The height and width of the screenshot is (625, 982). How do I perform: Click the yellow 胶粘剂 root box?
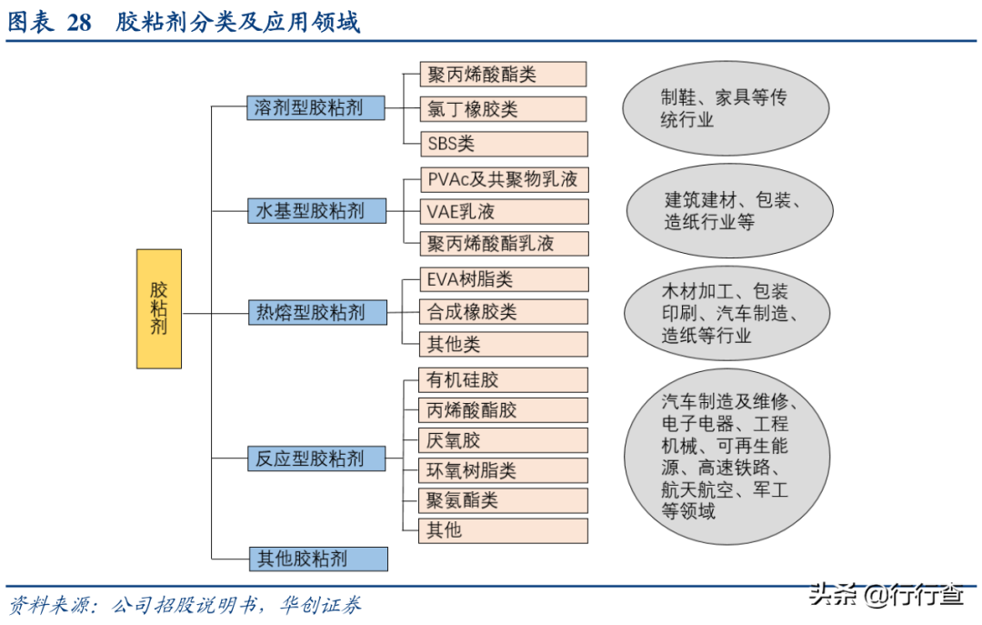[159, 308]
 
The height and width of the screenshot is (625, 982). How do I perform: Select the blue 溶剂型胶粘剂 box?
[316, 108]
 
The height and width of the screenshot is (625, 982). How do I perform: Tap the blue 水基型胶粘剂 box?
[317, 211]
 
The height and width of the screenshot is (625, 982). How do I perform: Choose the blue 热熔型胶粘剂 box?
[317, 312]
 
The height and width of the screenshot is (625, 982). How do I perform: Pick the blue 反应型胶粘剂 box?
[316, 459]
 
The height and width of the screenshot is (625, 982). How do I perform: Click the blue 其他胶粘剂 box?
[318, 559]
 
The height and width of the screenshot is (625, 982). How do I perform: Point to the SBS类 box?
[504, 144]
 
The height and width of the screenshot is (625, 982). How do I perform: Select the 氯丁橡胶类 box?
[503, 109]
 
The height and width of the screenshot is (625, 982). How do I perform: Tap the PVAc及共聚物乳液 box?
[504, 180]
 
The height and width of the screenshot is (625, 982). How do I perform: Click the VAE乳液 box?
[504, 211]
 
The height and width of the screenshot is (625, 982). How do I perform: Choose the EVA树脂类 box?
[504, 279]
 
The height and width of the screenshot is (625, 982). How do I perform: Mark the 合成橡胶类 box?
[504, 311]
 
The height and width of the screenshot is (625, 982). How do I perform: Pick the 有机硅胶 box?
[504, 380]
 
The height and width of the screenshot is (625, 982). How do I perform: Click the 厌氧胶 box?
[504, 440]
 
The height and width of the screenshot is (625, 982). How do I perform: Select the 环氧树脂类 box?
[504, 470]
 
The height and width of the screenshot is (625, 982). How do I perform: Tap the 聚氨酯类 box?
[504, 500]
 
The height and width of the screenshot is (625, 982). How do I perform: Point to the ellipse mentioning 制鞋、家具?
[726, 108]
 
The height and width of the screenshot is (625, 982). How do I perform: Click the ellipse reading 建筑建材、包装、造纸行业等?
[729, 211]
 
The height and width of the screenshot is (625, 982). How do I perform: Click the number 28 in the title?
[79, 23]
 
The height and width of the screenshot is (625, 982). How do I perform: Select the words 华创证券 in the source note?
[320, 605]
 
